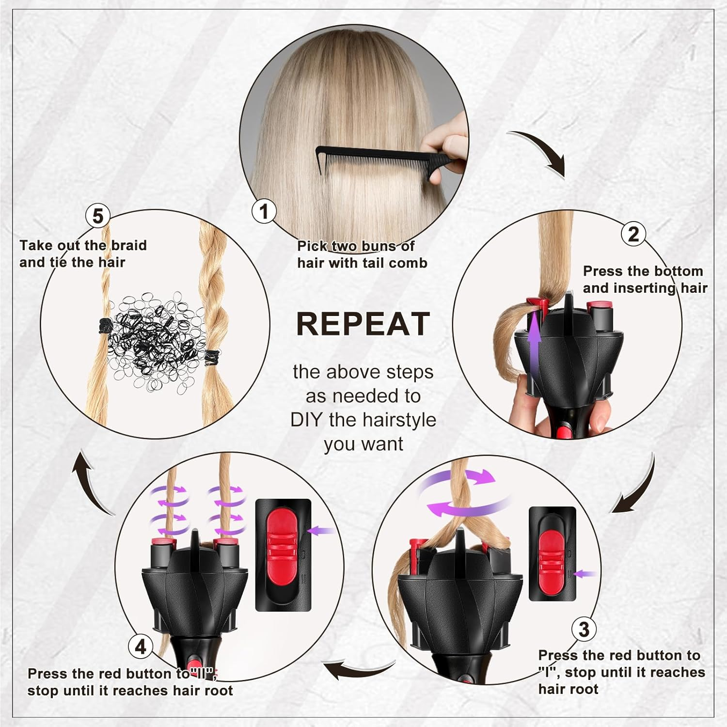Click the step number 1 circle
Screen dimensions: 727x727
[264, 211]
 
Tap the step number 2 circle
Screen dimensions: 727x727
[633, 234]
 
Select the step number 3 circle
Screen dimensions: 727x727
[584, 629]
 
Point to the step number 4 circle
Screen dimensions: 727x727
[141, 647]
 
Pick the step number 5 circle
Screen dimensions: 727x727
[97, 216]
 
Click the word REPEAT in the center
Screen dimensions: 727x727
[363, 324]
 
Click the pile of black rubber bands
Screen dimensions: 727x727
[155, 339]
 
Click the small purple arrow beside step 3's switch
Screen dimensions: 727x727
[585, 574]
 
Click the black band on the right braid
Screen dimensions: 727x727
[212, 357]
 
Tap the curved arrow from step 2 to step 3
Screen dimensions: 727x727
[637, 490]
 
